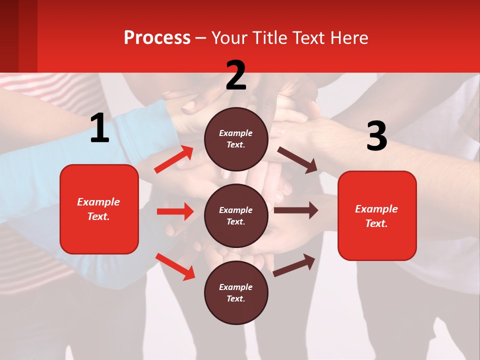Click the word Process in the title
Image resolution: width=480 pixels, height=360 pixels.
tap(157, 37)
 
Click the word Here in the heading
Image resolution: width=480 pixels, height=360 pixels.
tap(349, 37)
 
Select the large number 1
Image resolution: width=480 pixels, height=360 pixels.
tap(99, 128)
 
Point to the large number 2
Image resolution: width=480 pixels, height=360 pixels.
tap(236, 76)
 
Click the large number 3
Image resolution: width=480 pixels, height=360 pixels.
tap(376, 136)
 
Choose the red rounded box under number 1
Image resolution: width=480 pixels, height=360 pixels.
tap(99, 209)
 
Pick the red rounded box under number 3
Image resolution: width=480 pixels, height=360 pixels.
tap(377, 215)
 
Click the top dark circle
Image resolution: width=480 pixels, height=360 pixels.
tap(236, 139)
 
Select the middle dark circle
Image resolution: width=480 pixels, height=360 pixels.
tap(236, 215)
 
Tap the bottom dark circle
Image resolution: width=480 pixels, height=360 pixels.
tap(236, 292)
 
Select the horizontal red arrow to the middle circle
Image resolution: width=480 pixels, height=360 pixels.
tap(175, 211)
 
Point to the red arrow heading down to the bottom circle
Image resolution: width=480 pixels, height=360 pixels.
tap(175, 266)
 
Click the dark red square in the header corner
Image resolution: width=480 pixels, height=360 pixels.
tap(18, 36)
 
